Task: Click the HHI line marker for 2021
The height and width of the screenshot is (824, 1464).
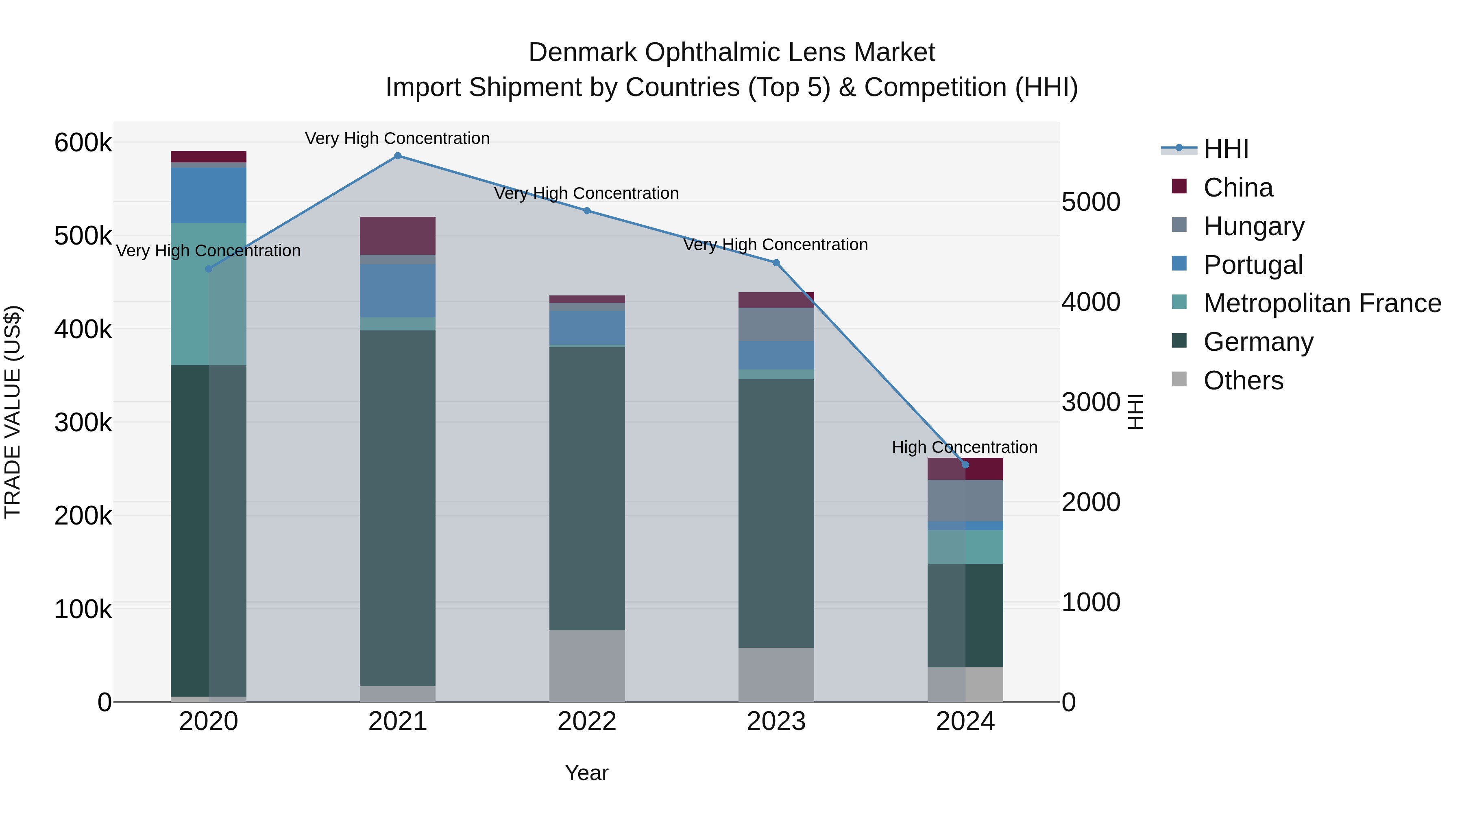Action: point(397,156)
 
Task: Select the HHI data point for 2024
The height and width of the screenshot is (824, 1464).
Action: point(965,465)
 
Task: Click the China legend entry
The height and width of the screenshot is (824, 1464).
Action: point(1238,188)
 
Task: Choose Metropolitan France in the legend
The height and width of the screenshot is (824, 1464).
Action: point(1322,303)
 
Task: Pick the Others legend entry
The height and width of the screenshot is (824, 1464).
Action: point(1243,380)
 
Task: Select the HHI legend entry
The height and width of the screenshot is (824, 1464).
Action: point(1226,149)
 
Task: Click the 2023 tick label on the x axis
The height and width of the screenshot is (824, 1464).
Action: point(776,721)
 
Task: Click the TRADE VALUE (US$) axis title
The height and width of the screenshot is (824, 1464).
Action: point(13,412)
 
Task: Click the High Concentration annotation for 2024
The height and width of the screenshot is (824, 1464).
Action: point(965,448)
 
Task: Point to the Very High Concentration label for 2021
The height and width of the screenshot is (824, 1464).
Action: point(397,139)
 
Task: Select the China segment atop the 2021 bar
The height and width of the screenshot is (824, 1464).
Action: point(397,236)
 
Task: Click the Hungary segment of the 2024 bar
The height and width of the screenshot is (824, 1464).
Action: point(965,501)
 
